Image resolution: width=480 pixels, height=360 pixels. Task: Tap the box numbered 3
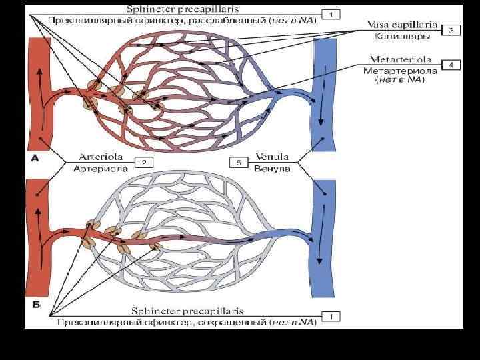pyautogui.click(x=451, y=31)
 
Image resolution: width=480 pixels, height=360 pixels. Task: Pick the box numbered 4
pyautogui.click(x=451, y=65)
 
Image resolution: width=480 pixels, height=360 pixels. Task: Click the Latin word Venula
pyautogui.click(x=272, y=157)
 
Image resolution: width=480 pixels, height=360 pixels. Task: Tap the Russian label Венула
pyautogui.click(x=272, y=169)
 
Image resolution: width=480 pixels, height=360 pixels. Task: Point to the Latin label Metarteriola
pyautogui.click(x=400, y=59)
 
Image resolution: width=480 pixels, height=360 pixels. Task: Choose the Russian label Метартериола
pyautogui.click(x=400, y=70)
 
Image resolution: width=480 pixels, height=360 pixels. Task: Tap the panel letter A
pyautogui.click(x=34, y=158)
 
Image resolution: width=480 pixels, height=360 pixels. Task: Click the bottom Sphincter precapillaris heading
pyautogui.click(x=187, y=311)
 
